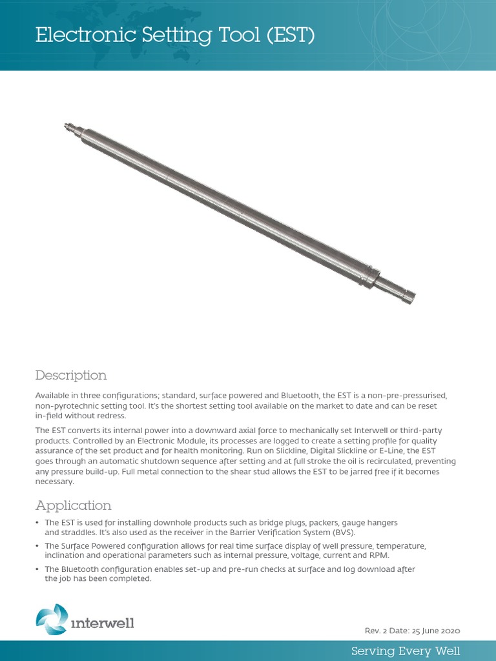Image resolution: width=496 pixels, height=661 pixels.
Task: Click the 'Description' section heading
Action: [x=71, y=375]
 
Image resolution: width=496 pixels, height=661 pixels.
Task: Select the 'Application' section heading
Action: [x=73, y=505]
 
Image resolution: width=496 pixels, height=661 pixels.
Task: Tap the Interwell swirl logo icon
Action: [x=51, y=619]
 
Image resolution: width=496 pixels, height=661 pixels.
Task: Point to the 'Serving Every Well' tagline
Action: [x=406, y=650]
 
